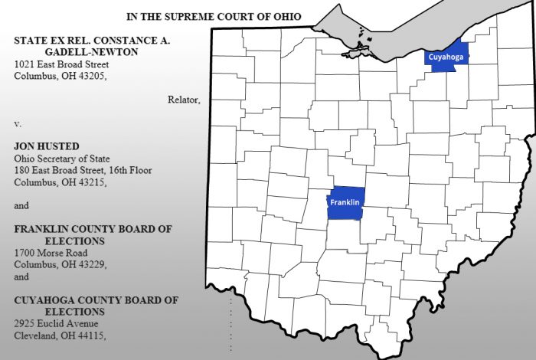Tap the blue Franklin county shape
pyautogui.click(x=346, y=203)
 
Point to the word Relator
pyautogui.click(x=184, y=100)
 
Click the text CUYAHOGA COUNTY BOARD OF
pyautogui.click(x=96, y=300)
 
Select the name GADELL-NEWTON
pyautogui.click(x=88, y=51)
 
